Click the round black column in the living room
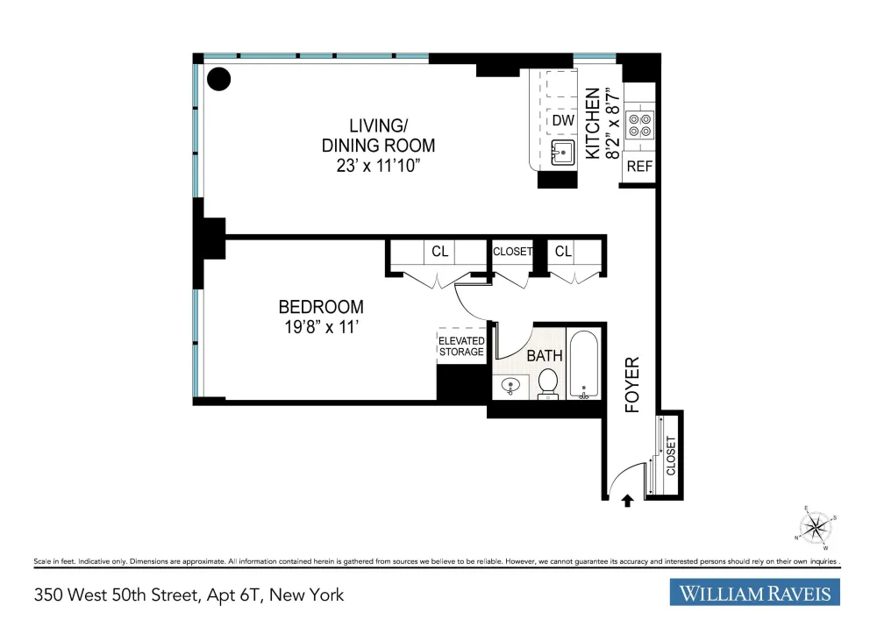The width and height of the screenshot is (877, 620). pyautogui.click(x=218, y=79)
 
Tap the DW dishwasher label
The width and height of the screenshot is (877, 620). pyautogui.click(x=563, y=120)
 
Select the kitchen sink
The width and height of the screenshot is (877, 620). pyautogui.click(x=563, y=153)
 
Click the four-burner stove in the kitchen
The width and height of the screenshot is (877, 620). pyautogui.click(x=640, y=125)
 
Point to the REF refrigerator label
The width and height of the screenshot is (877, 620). pyautogui.click(x=639, y=166)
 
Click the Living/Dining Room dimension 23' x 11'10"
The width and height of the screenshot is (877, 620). pyautogui.click(x=378, y=166)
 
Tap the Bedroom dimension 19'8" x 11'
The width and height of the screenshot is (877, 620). pyautogui.click(x=321, y=327)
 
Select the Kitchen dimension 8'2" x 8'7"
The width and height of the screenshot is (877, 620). pyautogui.click(x=613, y=123)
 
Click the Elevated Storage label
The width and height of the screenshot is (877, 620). pyautogui.click(x=461, y=346)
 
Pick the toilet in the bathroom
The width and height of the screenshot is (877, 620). pyautogui.click(x=547, y=383)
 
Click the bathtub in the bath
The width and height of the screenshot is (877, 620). pyautogui.click(x=584, y=364)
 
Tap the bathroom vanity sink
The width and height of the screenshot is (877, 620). pyautogui.click(x=510, y=386)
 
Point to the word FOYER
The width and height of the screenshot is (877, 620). pyautogui.click(x=632, y=385)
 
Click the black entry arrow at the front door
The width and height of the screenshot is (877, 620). pyautogui.click(x=628, y=501)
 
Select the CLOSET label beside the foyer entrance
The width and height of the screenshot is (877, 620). pyautogui.click(x=671, y=456)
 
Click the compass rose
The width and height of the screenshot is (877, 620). pyautogui.click(x=816, y=527)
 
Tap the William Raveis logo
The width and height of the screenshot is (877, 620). pyautogui.click(x=754, y=593)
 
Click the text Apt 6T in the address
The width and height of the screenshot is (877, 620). pyautogui.click(x=234, y=595)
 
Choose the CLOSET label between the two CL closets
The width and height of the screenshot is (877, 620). pyautogui.click(x=512, y=252)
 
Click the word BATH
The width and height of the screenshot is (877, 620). pyautogui.click(x=545, y=355)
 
